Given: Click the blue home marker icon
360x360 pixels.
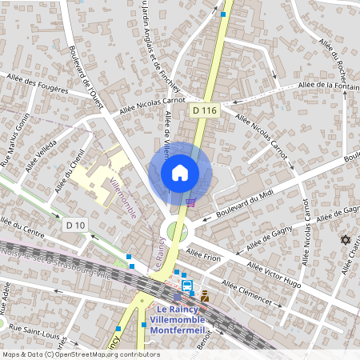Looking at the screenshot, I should pos(180,172).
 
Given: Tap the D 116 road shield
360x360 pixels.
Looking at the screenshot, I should pos(204,110).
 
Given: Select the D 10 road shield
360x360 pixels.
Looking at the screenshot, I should pos(76,226).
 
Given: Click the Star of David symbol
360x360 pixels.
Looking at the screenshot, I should pos(346,240).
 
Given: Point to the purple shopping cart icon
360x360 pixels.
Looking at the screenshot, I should pos(190,202).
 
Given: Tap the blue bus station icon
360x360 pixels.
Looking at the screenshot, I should pos(186,285).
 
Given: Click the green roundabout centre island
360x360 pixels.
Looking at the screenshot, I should pos(176,233).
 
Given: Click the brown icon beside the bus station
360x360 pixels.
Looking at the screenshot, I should pos(205,296).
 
